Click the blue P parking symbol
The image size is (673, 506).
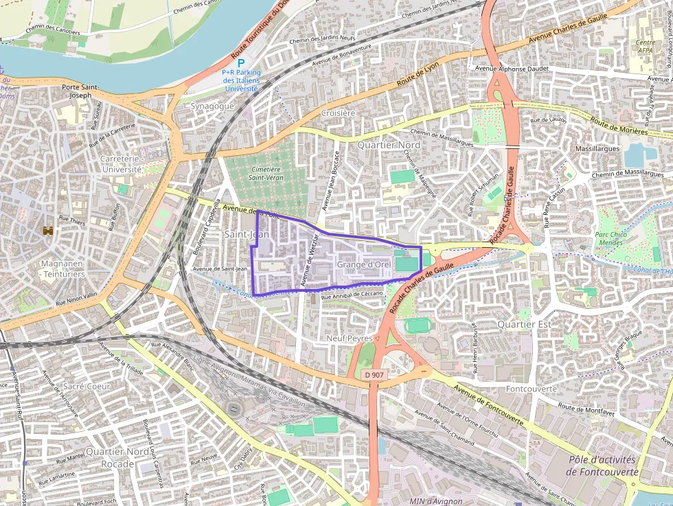click(241, 62)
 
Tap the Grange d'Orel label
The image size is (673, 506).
click(364, 264)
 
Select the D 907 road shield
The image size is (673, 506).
click(374, 374)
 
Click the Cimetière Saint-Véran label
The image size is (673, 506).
click(266, 174)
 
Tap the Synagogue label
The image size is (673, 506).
click(212, 106)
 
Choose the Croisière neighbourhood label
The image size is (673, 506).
click(338, 113)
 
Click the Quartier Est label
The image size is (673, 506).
click(525, 323)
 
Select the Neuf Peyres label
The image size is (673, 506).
click(350, 338)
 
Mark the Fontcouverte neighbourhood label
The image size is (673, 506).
click(531, 389)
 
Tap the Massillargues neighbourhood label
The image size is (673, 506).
click(597, 148)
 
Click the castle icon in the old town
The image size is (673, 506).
click(47, 232)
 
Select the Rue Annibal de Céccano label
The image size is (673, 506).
click(352, 295)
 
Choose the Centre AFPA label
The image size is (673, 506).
click(644, 46)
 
